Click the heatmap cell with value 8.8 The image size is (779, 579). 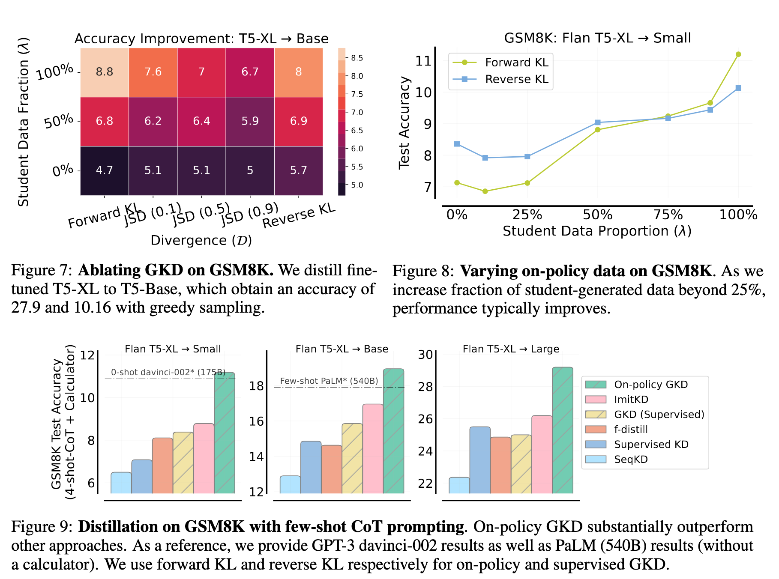[105, 72]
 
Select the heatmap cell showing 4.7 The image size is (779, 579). [105, 170]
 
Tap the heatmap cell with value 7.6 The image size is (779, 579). [153, 72]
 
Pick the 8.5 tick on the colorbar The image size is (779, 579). [357, 58]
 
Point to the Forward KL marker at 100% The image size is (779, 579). [738, 54]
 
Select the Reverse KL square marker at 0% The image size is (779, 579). [457, 144]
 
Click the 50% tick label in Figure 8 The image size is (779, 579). [597, 215]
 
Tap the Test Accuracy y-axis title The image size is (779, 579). [404, 123]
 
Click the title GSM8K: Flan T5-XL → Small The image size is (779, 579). [597, 38]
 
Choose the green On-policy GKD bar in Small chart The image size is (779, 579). [225, 433]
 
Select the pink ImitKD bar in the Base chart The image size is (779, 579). [373, 448]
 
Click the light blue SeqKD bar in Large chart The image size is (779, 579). [459, 485]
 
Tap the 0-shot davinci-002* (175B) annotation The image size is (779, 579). [168, 372]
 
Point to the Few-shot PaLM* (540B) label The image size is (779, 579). [329, 381]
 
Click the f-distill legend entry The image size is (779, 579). [631, 430]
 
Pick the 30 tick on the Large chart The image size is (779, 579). [425, 355]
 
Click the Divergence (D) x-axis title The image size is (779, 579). [201, 240]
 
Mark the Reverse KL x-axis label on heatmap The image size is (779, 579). [299, 216]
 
